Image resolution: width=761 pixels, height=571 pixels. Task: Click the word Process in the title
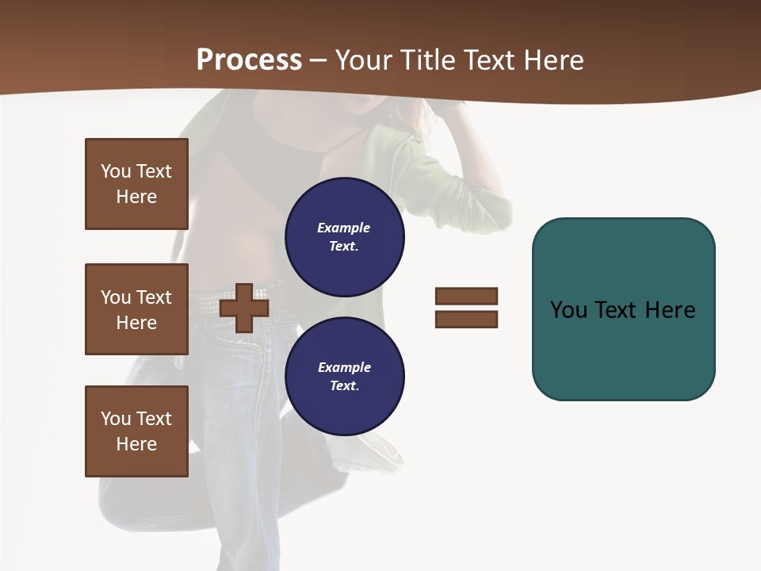click(x=249, y=60)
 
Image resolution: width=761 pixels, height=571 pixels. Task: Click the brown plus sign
click(x=244, y=308)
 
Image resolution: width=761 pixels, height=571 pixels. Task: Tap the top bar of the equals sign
click(x=466, y=296)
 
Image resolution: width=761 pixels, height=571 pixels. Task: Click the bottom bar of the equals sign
click(x=466, y=319)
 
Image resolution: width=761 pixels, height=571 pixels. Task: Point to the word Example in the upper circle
click(x=343, y=228)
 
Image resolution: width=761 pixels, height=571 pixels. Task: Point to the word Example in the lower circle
click(x=344, y=367)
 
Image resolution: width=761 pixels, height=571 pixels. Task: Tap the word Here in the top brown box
click(x=136, y=197)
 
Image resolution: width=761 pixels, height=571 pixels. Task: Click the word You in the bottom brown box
click(x=116, y=419)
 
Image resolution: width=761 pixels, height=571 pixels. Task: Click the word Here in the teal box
click(x=670, y=309)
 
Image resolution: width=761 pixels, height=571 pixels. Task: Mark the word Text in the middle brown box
click(x=154, y=297)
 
